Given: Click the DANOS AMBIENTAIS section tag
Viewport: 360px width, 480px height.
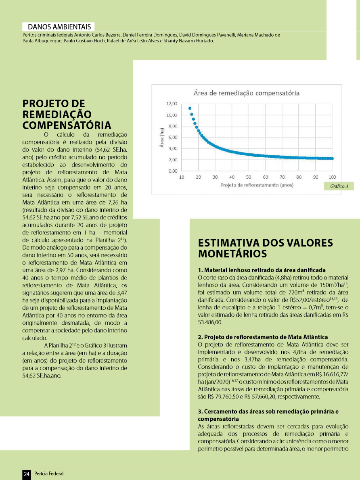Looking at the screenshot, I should [59, 27].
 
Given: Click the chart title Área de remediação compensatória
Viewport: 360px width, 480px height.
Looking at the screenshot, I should [247, 93].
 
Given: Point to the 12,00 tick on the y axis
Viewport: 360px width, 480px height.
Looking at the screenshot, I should [172, 104].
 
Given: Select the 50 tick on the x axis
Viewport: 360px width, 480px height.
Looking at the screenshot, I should [249, 177].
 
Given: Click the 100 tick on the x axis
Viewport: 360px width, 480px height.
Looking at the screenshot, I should [332, 177].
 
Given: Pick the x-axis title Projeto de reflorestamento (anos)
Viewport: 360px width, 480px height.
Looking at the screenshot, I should [257, 185].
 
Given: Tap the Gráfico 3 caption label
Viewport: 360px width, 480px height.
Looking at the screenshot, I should [339, 186].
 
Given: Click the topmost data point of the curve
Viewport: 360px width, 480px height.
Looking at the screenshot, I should [190, 108].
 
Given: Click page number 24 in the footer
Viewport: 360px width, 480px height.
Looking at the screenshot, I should [27, 474].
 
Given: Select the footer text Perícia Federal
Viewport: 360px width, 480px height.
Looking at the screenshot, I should [49, 474].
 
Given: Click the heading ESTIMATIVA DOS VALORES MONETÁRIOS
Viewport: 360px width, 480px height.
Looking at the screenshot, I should [265, 248].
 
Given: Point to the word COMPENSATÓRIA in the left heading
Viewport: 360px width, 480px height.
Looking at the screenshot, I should [67, 124].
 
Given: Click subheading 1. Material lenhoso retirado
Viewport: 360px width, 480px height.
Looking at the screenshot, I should [262, 270].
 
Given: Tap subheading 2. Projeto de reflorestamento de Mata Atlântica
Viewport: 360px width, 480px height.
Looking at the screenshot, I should [263, 337].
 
